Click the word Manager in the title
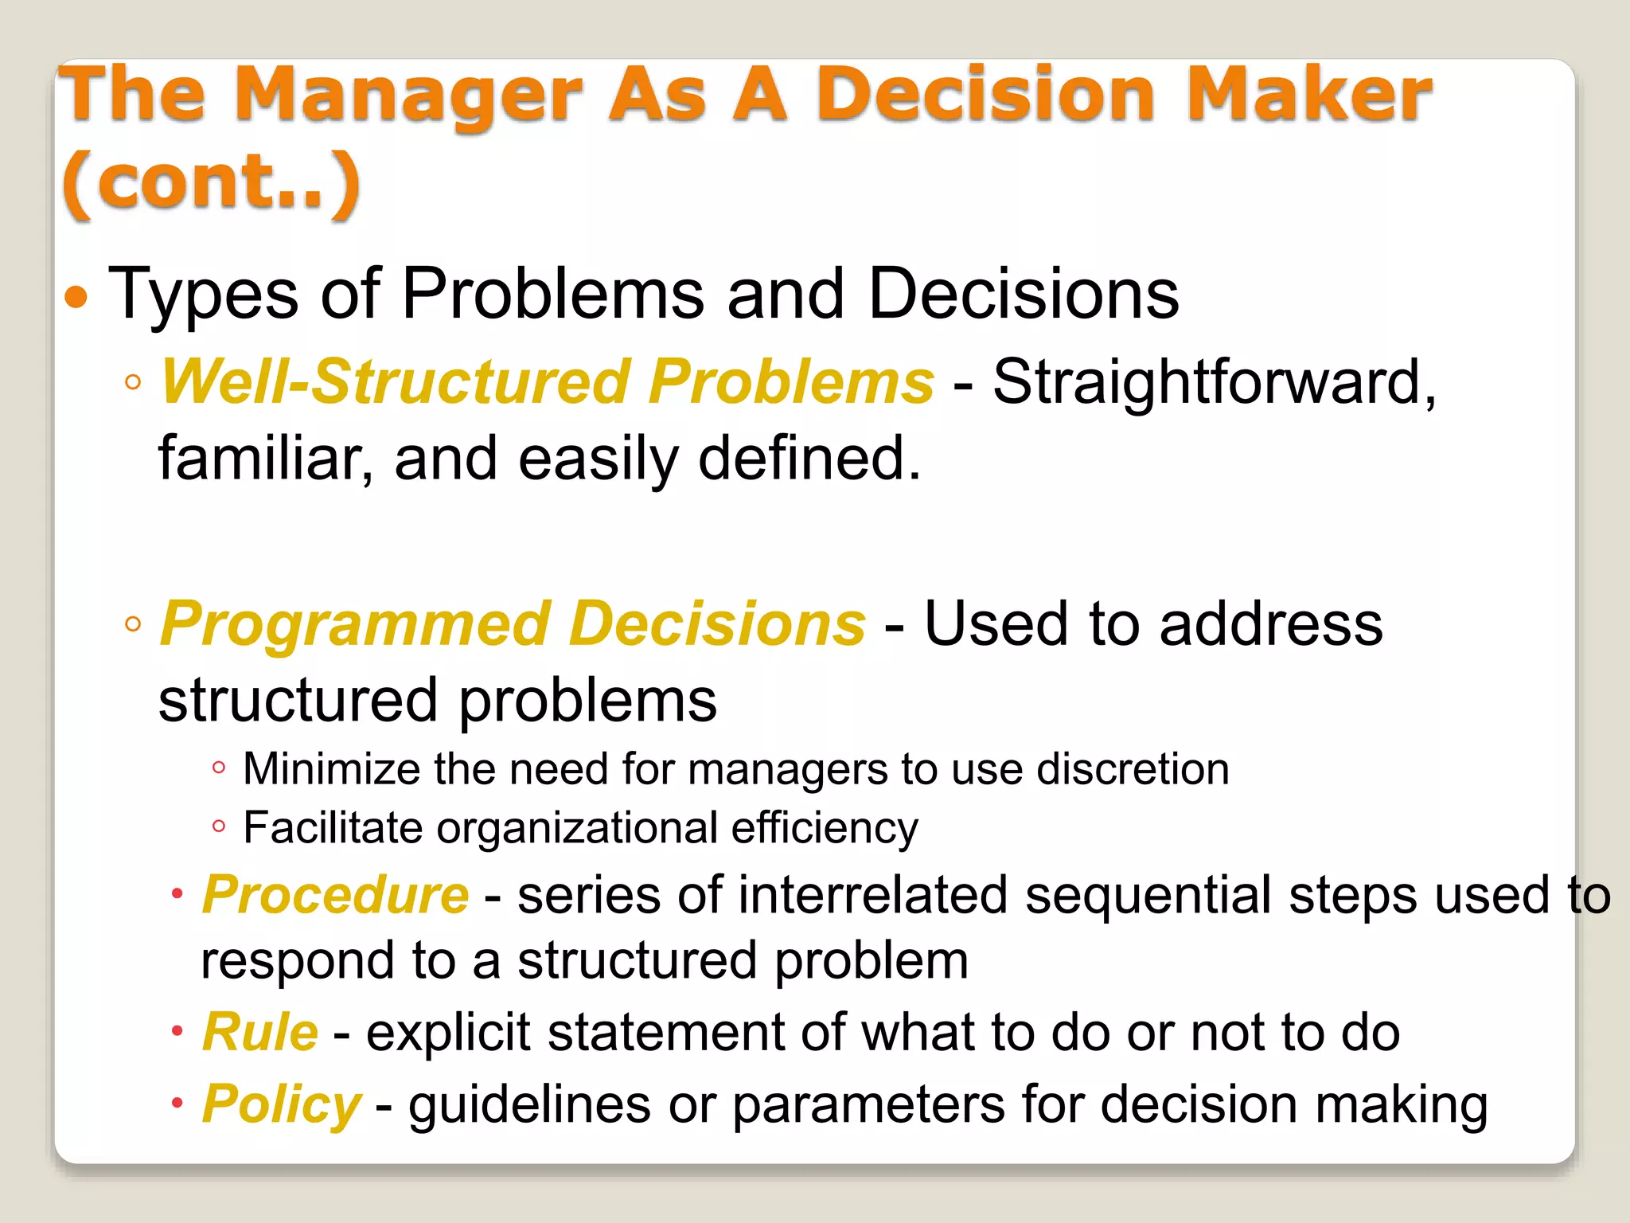408,96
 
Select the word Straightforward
1213,382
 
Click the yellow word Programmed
355,624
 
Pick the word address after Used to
1271,624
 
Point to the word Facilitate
333,828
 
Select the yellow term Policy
282,1105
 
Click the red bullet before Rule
177,1032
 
